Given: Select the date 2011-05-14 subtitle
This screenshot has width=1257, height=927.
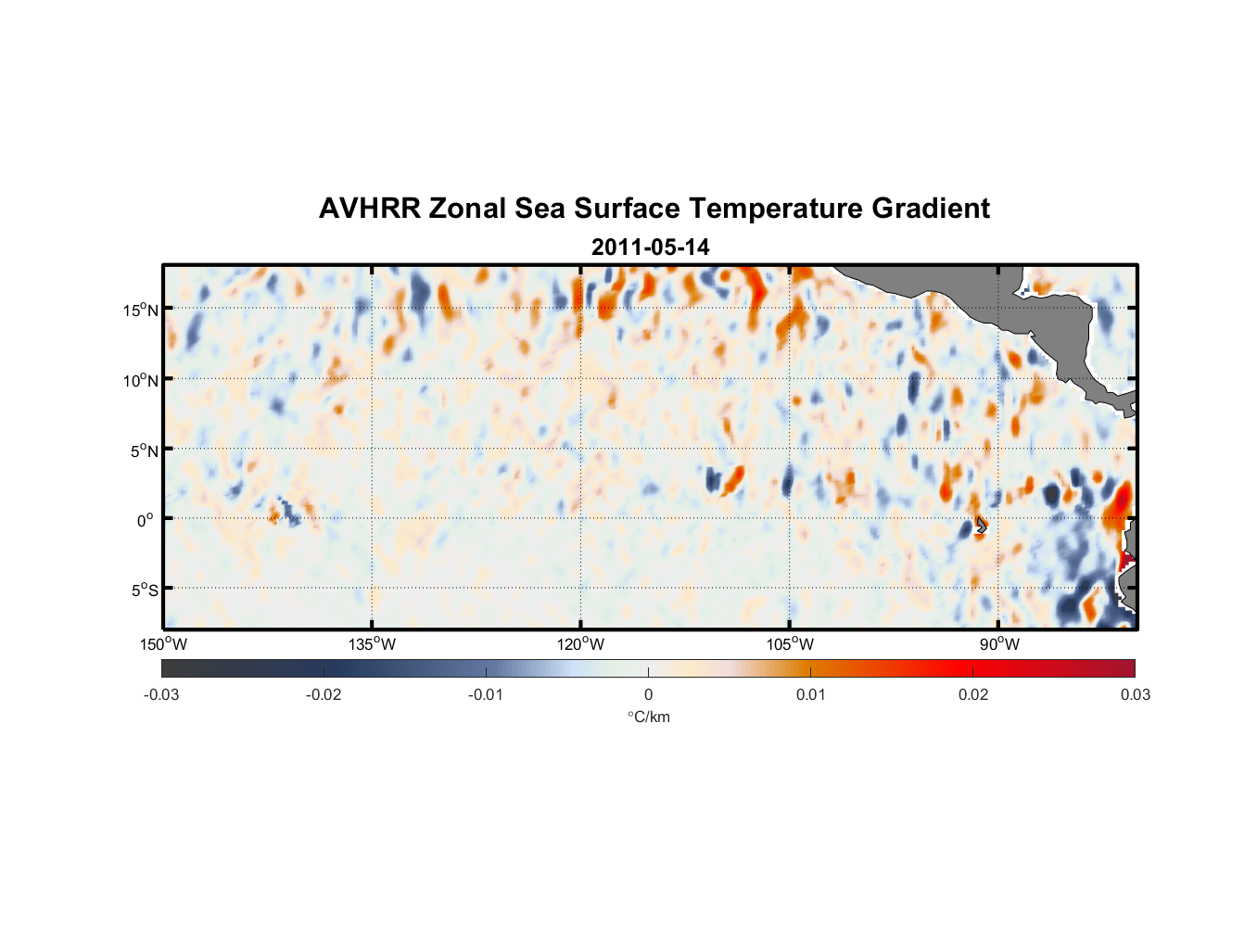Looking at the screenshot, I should (650, 248).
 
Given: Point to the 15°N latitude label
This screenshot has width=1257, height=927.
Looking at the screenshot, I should (141, 310).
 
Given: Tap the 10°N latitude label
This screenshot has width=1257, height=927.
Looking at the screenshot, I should (141, 380).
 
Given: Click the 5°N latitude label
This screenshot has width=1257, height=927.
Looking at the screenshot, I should (144, 451).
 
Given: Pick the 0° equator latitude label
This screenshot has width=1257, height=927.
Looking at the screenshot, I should (146, 520).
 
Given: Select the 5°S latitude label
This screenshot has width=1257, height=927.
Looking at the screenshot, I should (144, 590).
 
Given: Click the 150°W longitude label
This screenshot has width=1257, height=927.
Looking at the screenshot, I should (163, 644).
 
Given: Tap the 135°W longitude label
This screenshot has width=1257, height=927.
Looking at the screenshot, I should (372, 644).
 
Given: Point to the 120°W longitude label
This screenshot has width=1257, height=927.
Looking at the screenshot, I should (580, 644).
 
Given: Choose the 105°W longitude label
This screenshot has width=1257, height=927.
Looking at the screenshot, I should (790, 644).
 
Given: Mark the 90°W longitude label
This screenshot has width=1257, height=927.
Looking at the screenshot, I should (999, 644).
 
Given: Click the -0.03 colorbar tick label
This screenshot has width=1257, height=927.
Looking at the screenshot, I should (161, 694).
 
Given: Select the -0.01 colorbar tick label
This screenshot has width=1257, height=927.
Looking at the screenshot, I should (486, 694).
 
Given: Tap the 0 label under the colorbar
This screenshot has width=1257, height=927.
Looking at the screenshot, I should (648, 694).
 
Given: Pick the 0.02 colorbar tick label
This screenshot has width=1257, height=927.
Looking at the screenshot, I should (973, 694).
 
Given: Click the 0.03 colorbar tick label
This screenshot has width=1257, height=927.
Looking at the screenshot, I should (1135, 694).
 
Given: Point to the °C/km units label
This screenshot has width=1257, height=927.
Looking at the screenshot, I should (649, 717).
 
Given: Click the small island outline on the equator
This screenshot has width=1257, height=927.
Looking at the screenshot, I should (981, 525).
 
